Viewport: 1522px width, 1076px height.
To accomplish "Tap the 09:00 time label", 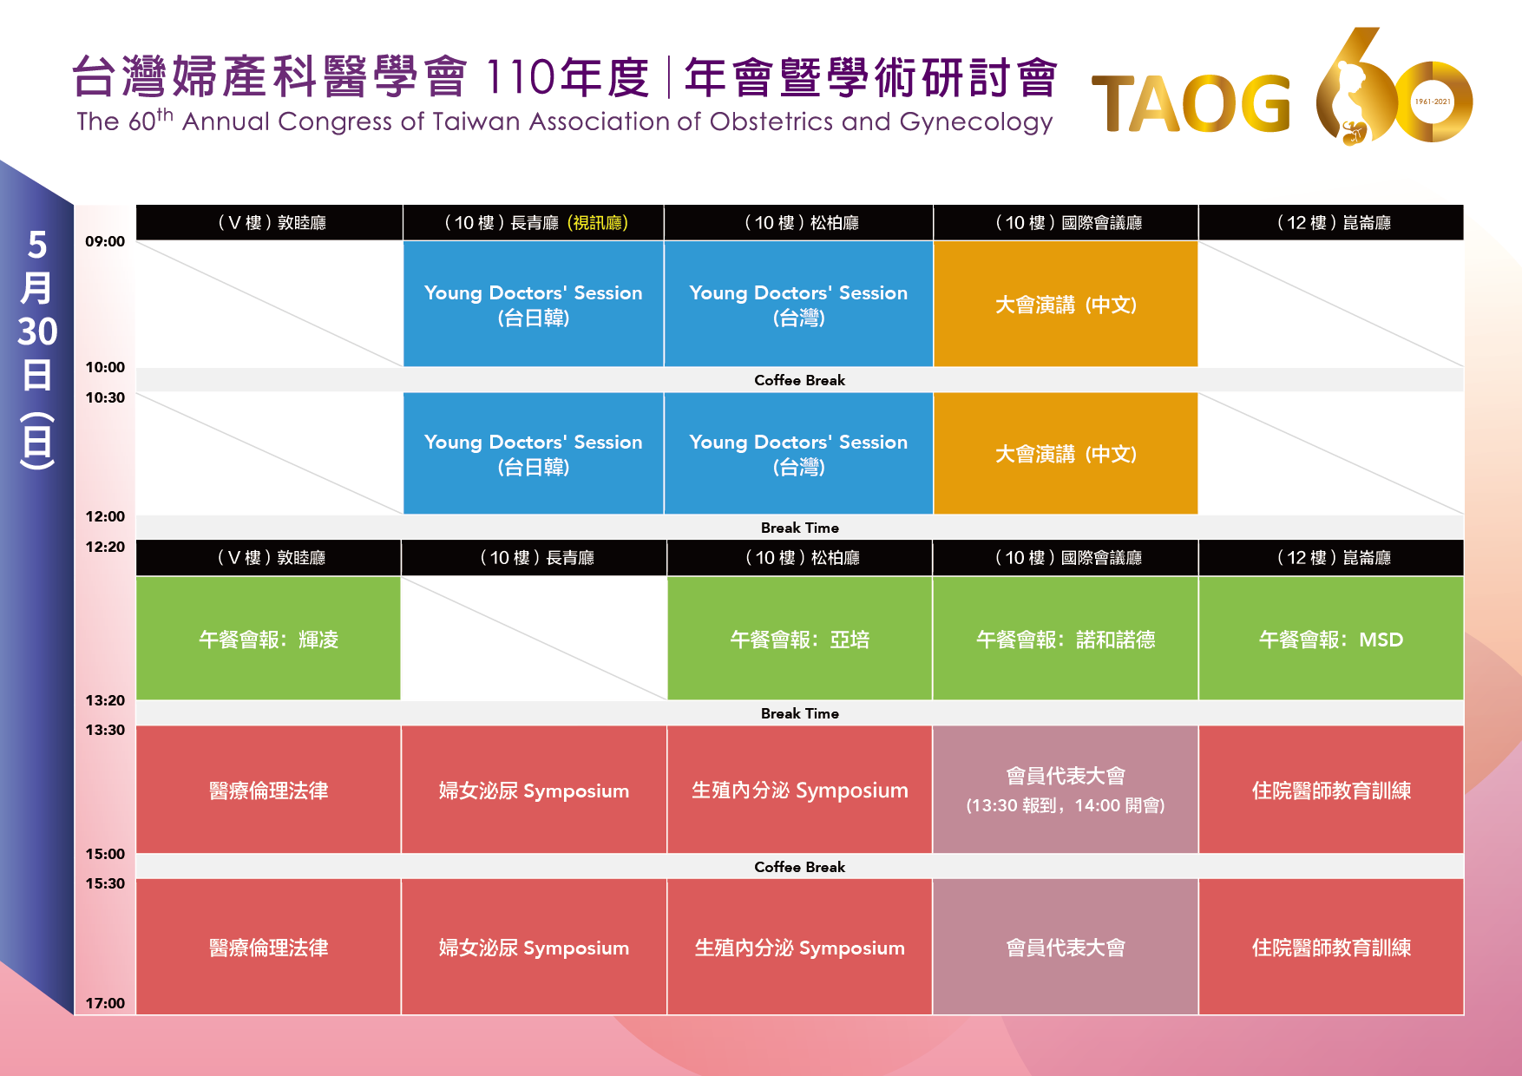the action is pyautogui.click(x=105, y=241).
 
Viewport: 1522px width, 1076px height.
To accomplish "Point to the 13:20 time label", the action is pyautogui.click(x=105, y=700).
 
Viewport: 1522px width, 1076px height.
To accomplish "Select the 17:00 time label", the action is pyautogui.click(x=105, y=1003).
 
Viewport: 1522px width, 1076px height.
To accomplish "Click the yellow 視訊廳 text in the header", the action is pyautogui.click(x=598, y=223).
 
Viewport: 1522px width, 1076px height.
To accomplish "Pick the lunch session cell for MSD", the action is pyautogui.click(x=1331, y=639).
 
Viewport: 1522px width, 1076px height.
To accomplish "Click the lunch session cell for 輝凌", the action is pyautogui.click(x=268, y=639).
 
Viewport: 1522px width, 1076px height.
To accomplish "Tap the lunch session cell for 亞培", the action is pyautogui.click(x=799, y=639).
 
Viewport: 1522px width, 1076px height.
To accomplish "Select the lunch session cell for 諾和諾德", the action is pyautogui.click(x=1066, y=639).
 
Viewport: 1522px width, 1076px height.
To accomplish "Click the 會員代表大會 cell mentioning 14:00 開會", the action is pyautogui.click(x=1066, y=790).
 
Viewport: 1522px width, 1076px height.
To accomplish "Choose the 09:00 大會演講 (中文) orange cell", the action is pyautogui.click(x=1066, y=304).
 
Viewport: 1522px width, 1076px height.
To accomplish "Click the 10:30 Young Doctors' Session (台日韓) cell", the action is pyautogui.click(x=534, y=454).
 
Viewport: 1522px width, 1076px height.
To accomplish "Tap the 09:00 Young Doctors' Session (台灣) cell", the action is pyautogui.click(x=798, y=304).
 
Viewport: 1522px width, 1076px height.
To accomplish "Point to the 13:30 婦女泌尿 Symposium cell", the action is pyautogui.click(x=534, y=790).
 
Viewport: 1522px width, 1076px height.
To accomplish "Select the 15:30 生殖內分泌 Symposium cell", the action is pyautogui.click(x=799, y=947).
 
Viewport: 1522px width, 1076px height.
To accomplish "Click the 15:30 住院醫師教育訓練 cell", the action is pyautogui.click(x=1331, y=947).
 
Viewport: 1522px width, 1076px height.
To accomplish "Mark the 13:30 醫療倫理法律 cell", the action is pyautogui.click(x=268, y=790).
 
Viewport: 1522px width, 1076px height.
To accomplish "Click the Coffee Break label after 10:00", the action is pyautogui.click(x=799, y=380).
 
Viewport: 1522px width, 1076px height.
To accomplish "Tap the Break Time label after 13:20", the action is pyautogui.click(x=799, y=713).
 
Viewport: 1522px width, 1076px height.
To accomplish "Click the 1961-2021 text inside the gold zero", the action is pyautogui.click(x=1433, y=102).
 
